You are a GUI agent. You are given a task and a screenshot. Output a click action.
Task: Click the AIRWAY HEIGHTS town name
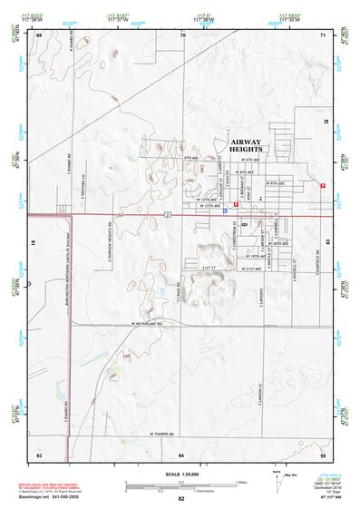246,147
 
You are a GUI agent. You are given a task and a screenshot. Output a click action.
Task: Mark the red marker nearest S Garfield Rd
324,185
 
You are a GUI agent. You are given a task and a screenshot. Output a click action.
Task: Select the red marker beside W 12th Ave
237,205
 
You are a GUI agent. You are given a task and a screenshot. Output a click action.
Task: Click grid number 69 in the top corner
38,34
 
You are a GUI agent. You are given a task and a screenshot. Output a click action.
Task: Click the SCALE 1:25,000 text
180,475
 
